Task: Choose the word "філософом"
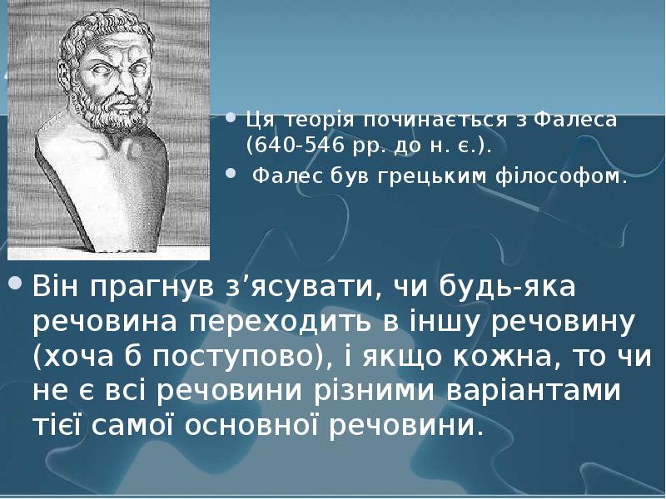click(x=567, y=176)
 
